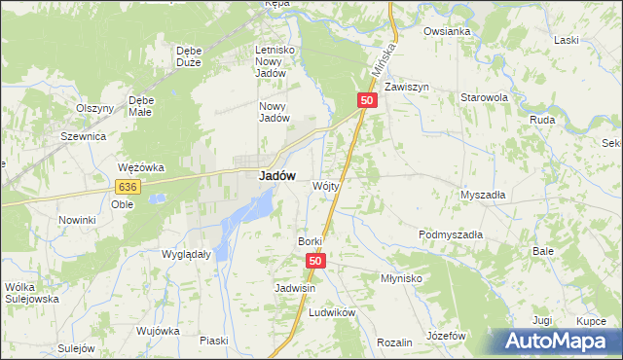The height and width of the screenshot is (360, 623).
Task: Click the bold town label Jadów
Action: coord(276,177)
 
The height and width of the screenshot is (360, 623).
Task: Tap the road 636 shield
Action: coord(127,186)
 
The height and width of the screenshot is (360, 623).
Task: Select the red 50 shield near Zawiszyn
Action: coord(367,100)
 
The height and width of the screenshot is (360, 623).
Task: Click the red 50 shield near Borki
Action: coord(315,261)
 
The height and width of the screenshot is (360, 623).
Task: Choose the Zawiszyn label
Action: coord(407,87)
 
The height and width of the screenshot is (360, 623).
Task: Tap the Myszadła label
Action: coord(483,195)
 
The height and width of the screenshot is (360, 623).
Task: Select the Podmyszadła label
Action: coord(451,235)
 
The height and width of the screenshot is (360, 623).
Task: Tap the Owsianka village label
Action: coord(447,31)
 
